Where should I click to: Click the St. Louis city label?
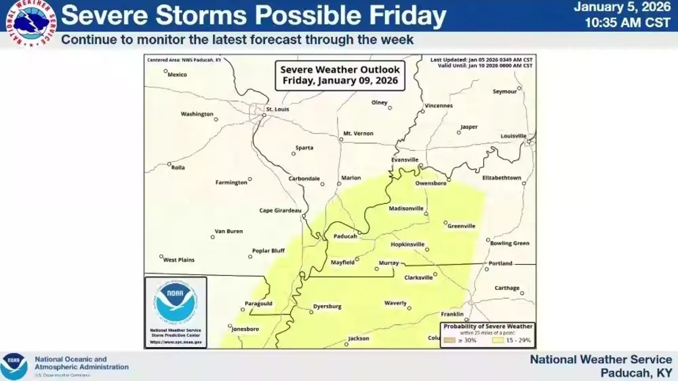(x=277, y=109)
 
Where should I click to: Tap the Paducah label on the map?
(x=345, y=236)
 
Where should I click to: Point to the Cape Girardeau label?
(x=280, y=210)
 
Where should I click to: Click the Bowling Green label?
(x=509, y=242)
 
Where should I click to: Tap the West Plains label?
(x=179, y=259)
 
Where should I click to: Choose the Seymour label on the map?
(x=504, y=91)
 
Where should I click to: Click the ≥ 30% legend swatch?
(x=449, y=340)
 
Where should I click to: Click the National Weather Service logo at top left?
(x=29, y=24)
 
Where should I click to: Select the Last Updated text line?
(x=481, y=60)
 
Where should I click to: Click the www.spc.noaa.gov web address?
(x=175, y=342)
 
